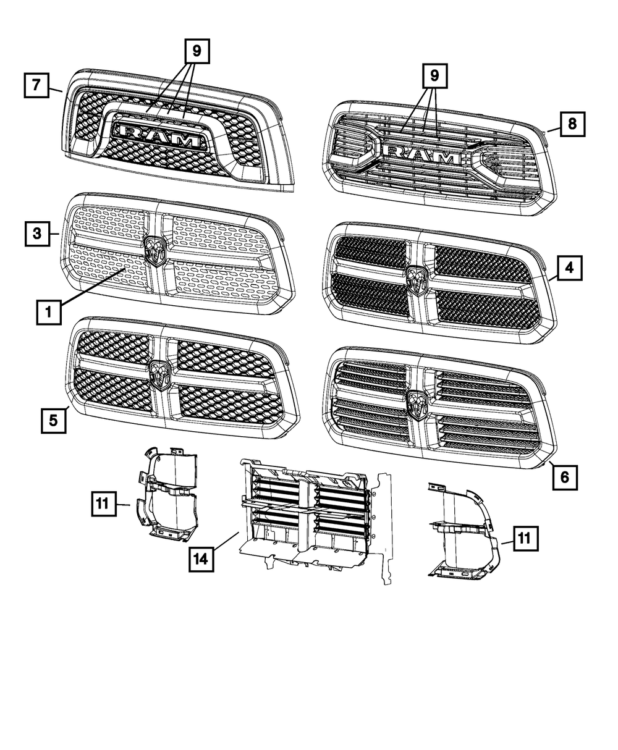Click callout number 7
click(x=36, y=86)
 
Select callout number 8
click(x=572, y=124)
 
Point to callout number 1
click(x=48, y=313)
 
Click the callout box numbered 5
click(x=54, y=421)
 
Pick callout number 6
click(x=565, y=477)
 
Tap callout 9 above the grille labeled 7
click(x=197, y=51)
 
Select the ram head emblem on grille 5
click(x=159, y=374)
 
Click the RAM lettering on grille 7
click(x=161, y=135)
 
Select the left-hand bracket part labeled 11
click(x=167, y=494)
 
